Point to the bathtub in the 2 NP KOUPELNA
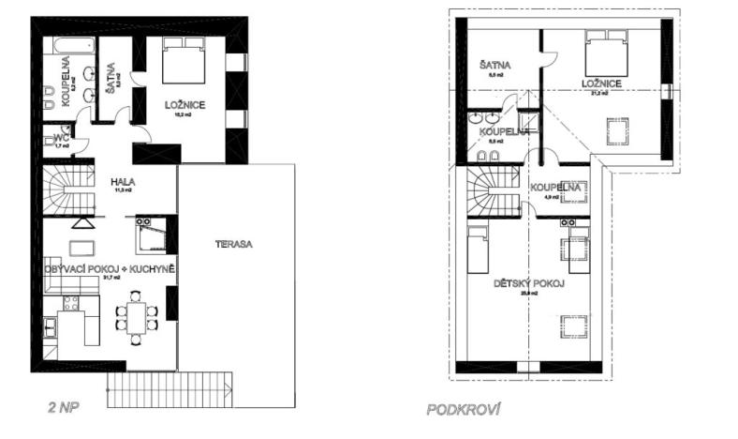[69, 46]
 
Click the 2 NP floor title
[62, 409]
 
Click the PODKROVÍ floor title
[465, 409]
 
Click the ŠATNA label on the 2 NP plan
[111, 70]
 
